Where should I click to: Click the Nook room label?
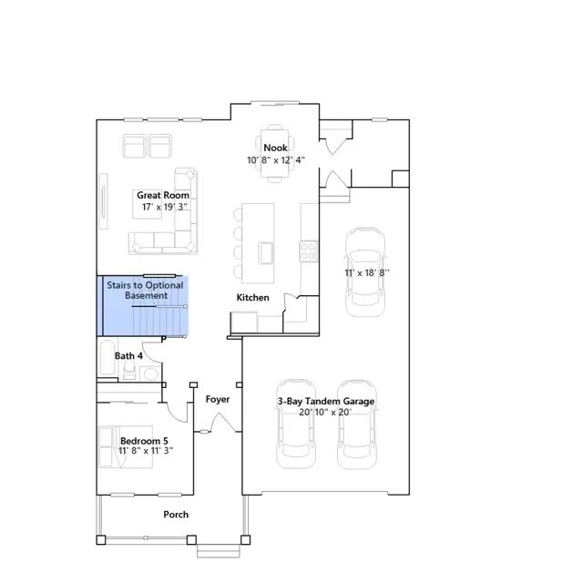(275, 148)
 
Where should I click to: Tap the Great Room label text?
(163, 195)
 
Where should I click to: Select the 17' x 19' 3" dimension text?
(164, 207)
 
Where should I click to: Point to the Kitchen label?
(253, 298)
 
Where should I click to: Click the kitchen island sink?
(266, 252)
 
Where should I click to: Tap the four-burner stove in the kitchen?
(309, 251)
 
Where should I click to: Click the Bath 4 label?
(128, 356)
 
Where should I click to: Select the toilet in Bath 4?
(129, 370)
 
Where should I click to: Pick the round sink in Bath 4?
(150, 373)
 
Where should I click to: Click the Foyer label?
(218, 399)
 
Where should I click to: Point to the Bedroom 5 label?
(144, 441)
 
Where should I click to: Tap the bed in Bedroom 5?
(126, 446)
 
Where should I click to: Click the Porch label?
(176, 515)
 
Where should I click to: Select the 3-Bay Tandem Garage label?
(326, 402)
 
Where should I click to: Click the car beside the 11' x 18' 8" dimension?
(365, 272)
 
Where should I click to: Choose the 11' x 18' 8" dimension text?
(367, 272)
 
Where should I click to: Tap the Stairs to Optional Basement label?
(145, 291)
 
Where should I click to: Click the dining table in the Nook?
(275, 153)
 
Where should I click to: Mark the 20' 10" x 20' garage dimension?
(325, 412)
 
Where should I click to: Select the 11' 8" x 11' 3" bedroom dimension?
(146, 451)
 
